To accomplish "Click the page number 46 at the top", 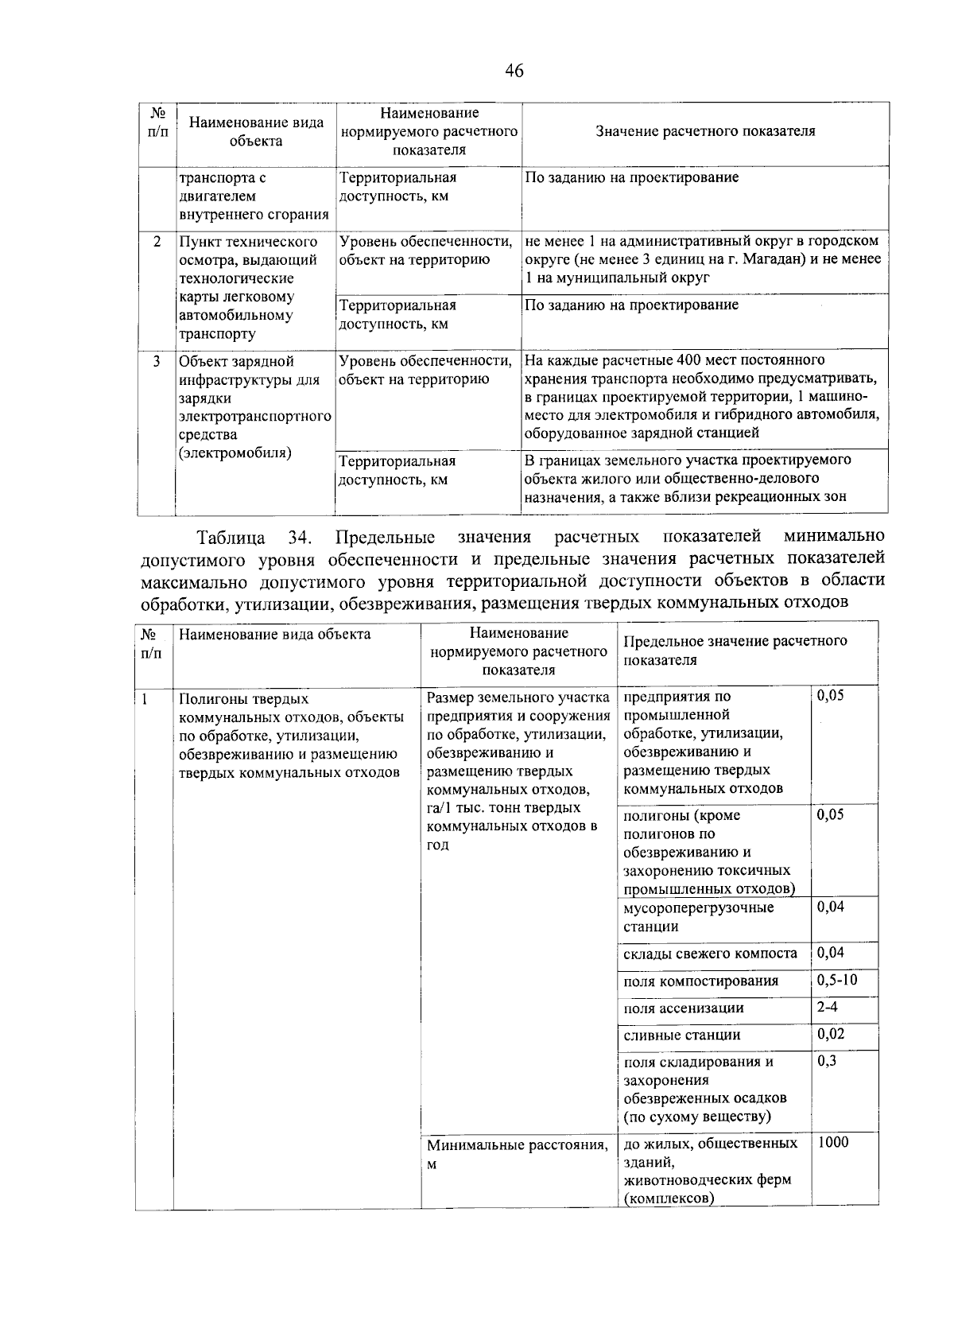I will point(514,72).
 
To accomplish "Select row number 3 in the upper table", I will point(157,361).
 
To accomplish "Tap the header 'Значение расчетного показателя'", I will point(705,131).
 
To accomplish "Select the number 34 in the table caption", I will point(300,537).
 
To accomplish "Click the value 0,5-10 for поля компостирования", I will point(837,979).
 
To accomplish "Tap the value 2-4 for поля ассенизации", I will point(827,1006).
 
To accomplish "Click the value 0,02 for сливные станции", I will point(831,1033).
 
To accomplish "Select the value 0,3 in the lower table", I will point(827,1060).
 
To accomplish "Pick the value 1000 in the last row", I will point(833,1142).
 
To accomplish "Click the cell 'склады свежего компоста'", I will point(710,954).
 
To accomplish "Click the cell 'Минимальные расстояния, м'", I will point(518,1154).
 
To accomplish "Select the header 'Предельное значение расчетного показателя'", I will point(735,650).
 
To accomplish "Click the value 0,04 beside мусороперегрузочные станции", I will point(831,907).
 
